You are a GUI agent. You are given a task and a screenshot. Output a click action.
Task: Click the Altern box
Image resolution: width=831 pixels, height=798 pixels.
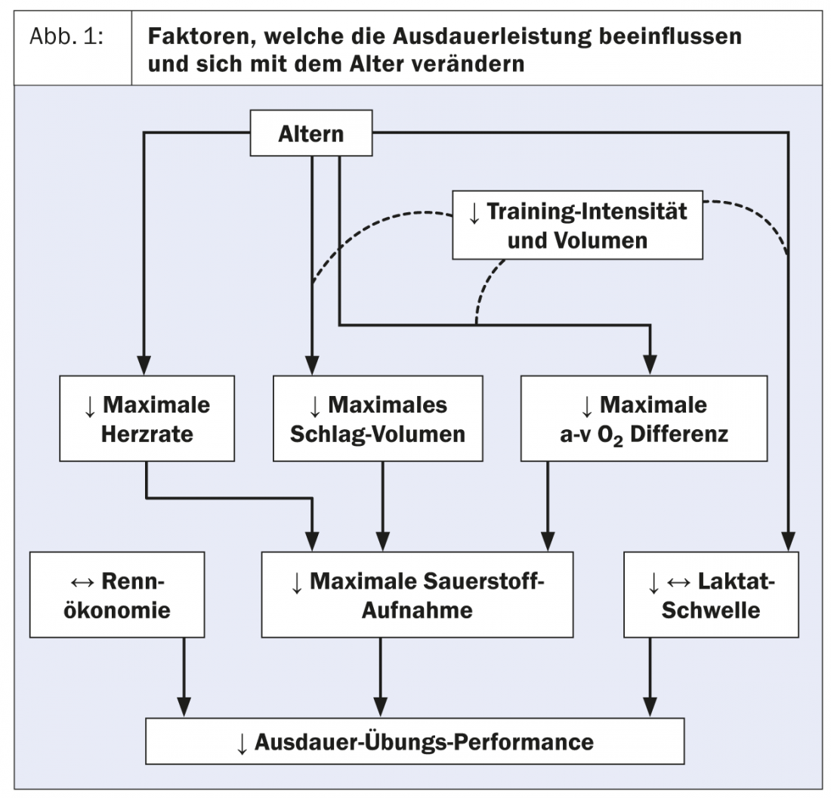pos(310,135)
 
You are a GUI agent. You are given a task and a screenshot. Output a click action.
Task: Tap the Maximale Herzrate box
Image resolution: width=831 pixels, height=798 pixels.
pos(146,419)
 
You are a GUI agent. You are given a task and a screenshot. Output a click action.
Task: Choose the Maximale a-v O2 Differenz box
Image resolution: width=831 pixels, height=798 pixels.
pos(644,419)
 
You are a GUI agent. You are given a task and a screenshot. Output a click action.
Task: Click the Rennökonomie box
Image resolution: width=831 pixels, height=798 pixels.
pos(117,594)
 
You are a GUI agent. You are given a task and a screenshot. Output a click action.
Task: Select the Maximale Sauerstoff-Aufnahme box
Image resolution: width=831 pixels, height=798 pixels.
pos(417,594)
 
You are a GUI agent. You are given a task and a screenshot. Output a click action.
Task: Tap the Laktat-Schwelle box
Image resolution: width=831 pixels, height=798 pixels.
pos(710,594)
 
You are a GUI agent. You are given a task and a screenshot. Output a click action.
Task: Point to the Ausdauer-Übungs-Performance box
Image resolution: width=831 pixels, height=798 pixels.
pos(415,741)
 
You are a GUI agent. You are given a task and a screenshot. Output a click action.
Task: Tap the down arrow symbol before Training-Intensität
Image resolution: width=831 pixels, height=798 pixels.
pos(474,212)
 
